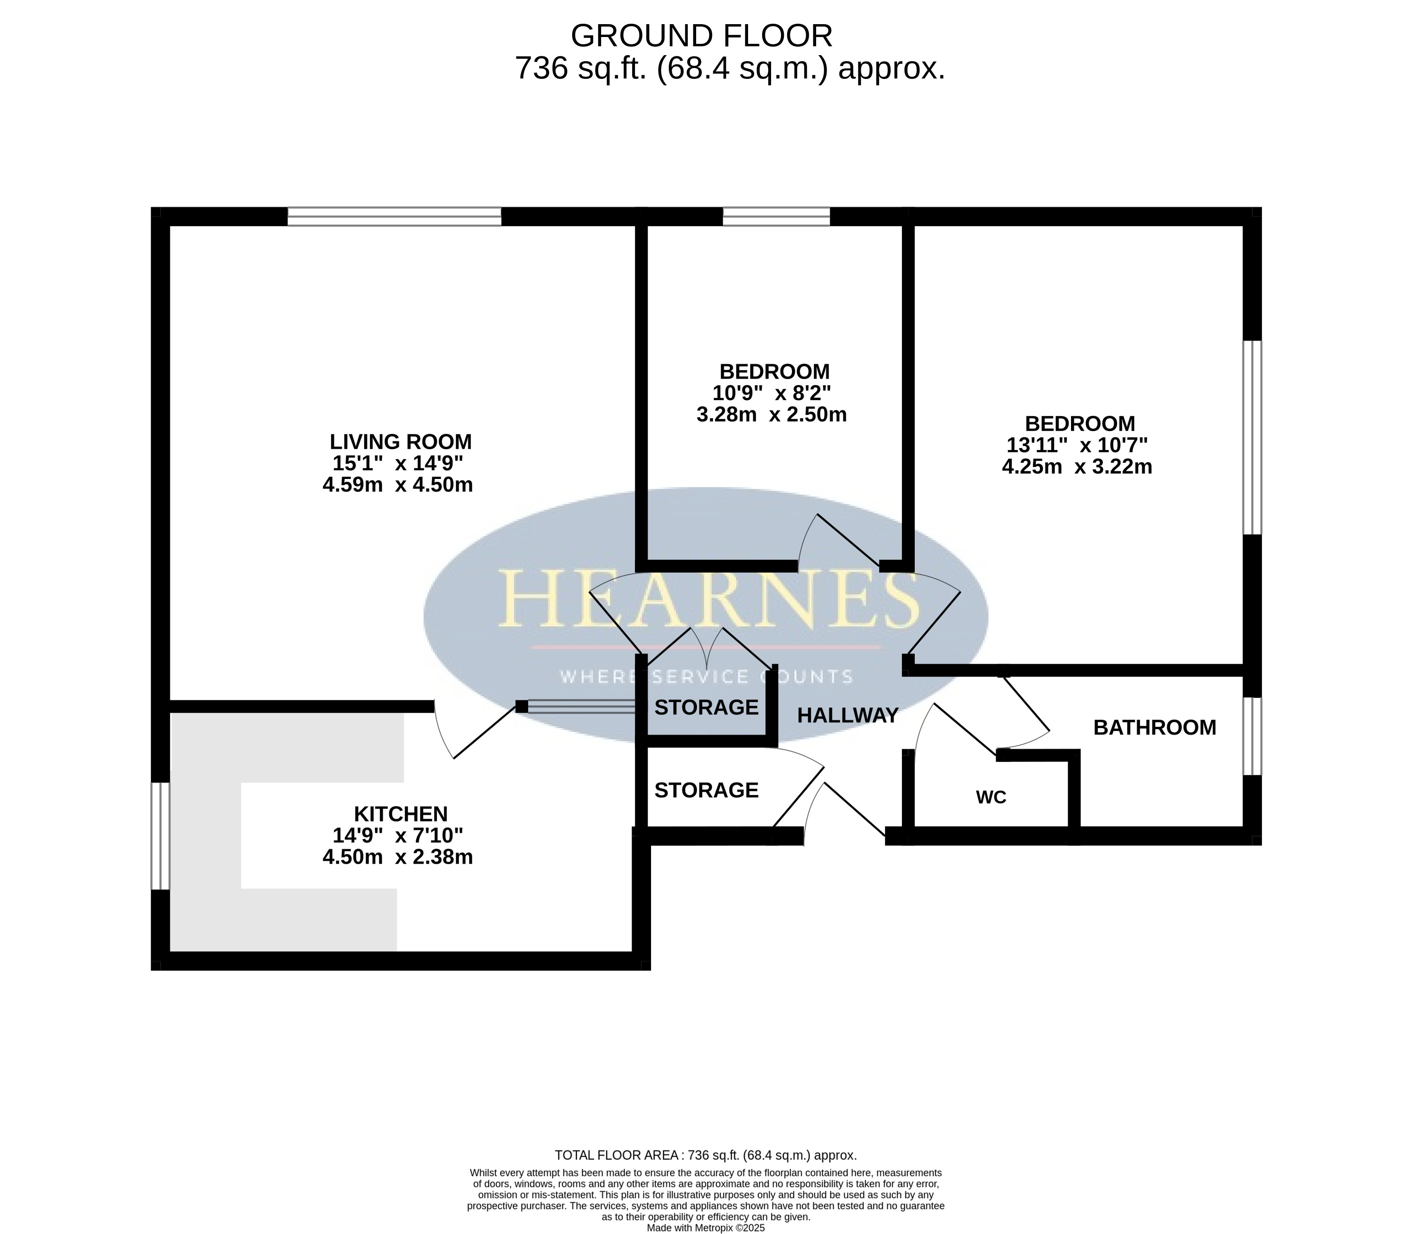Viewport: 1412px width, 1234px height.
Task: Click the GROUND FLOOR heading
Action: [701, 36]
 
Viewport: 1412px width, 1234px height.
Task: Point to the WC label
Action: [991, 797]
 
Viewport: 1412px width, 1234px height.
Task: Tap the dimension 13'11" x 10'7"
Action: [1077, 445]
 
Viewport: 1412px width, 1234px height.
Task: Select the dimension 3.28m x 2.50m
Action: [771, 415]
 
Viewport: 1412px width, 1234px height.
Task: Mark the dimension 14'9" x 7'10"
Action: [397, 836]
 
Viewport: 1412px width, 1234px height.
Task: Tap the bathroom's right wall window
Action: [1252, 736]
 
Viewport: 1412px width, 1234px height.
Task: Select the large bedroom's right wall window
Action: [1252, 437]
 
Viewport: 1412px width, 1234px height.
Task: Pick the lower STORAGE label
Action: [706, 790]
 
